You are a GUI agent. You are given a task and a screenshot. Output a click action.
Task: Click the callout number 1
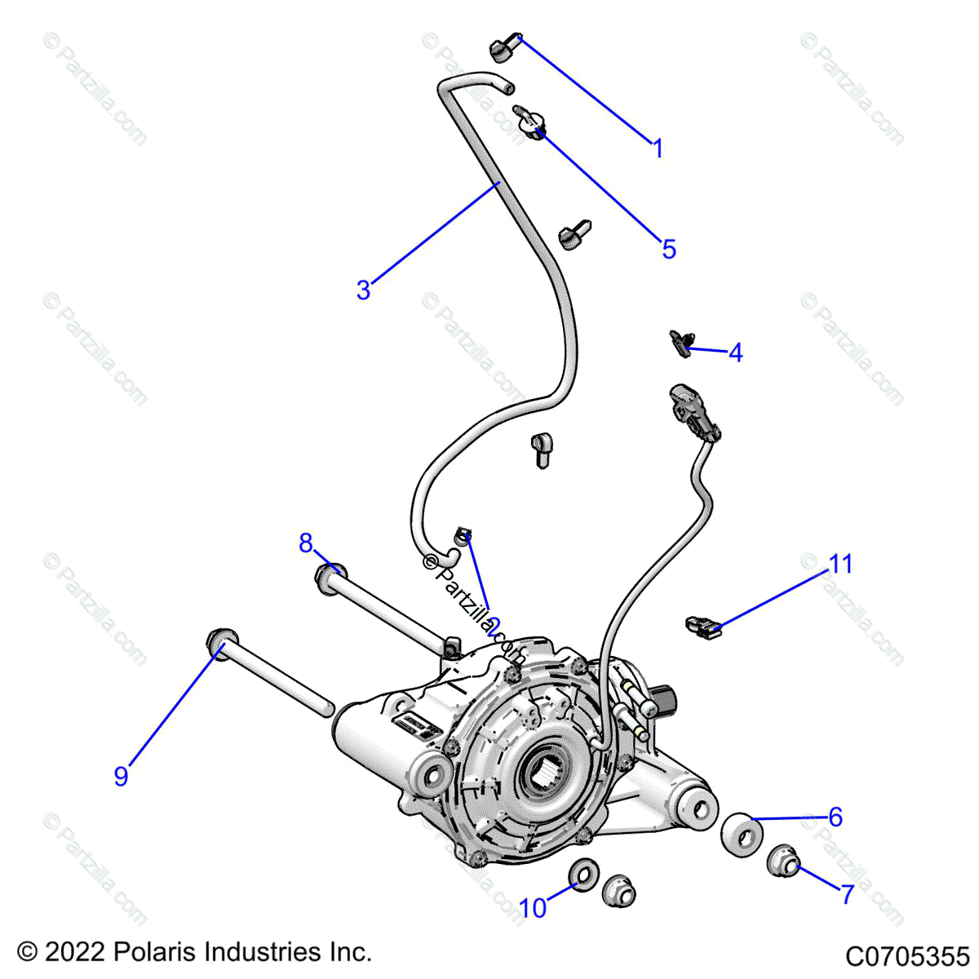[658, 149]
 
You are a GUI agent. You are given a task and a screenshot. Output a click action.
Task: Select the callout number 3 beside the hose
[363, 290]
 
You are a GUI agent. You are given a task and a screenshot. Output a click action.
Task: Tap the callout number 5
[669, 249]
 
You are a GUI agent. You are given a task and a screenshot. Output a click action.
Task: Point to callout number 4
[735, 353]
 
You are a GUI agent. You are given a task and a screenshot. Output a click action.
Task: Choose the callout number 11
[840, 564]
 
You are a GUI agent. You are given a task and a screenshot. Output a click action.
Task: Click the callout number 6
[835, 817]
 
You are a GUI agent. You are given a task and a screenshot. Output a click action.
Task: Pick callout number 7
[848, 894]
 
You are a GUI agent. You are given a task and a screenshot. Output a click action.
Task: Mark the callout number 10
[533, 907]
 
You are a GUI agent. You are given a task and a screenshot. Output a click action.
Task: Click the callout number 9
[121, 776]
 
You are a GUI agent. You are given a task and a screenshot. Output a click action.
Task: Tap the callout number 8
[306, 543]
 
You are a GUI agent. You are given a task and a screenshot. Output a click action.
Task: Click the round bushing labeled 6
[742, 835]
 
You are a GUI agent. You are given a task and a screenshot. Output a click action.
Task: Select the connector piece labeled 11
[703, 627]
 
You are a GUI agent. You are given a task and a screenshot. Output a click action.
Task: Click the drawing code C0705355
[906, 955]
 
